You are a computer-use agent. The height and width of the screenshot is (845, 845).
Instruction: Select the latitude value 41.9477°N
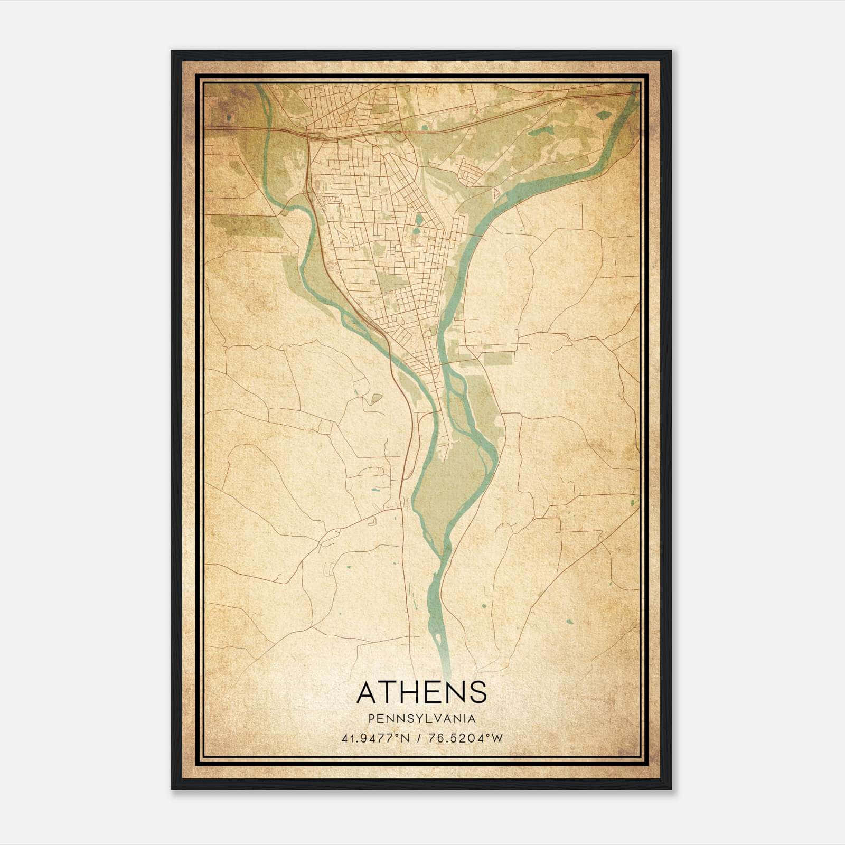point(375,738)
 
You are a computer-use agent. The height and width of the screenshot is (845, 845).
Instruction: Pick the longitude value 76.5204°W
point(466,738)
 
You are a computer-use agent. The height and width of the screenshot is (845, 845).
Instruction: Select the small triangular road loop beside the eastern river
point(495,193)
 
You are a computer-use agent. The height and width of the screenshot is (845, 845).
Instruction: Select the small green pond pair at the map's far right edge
point(632,502)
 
